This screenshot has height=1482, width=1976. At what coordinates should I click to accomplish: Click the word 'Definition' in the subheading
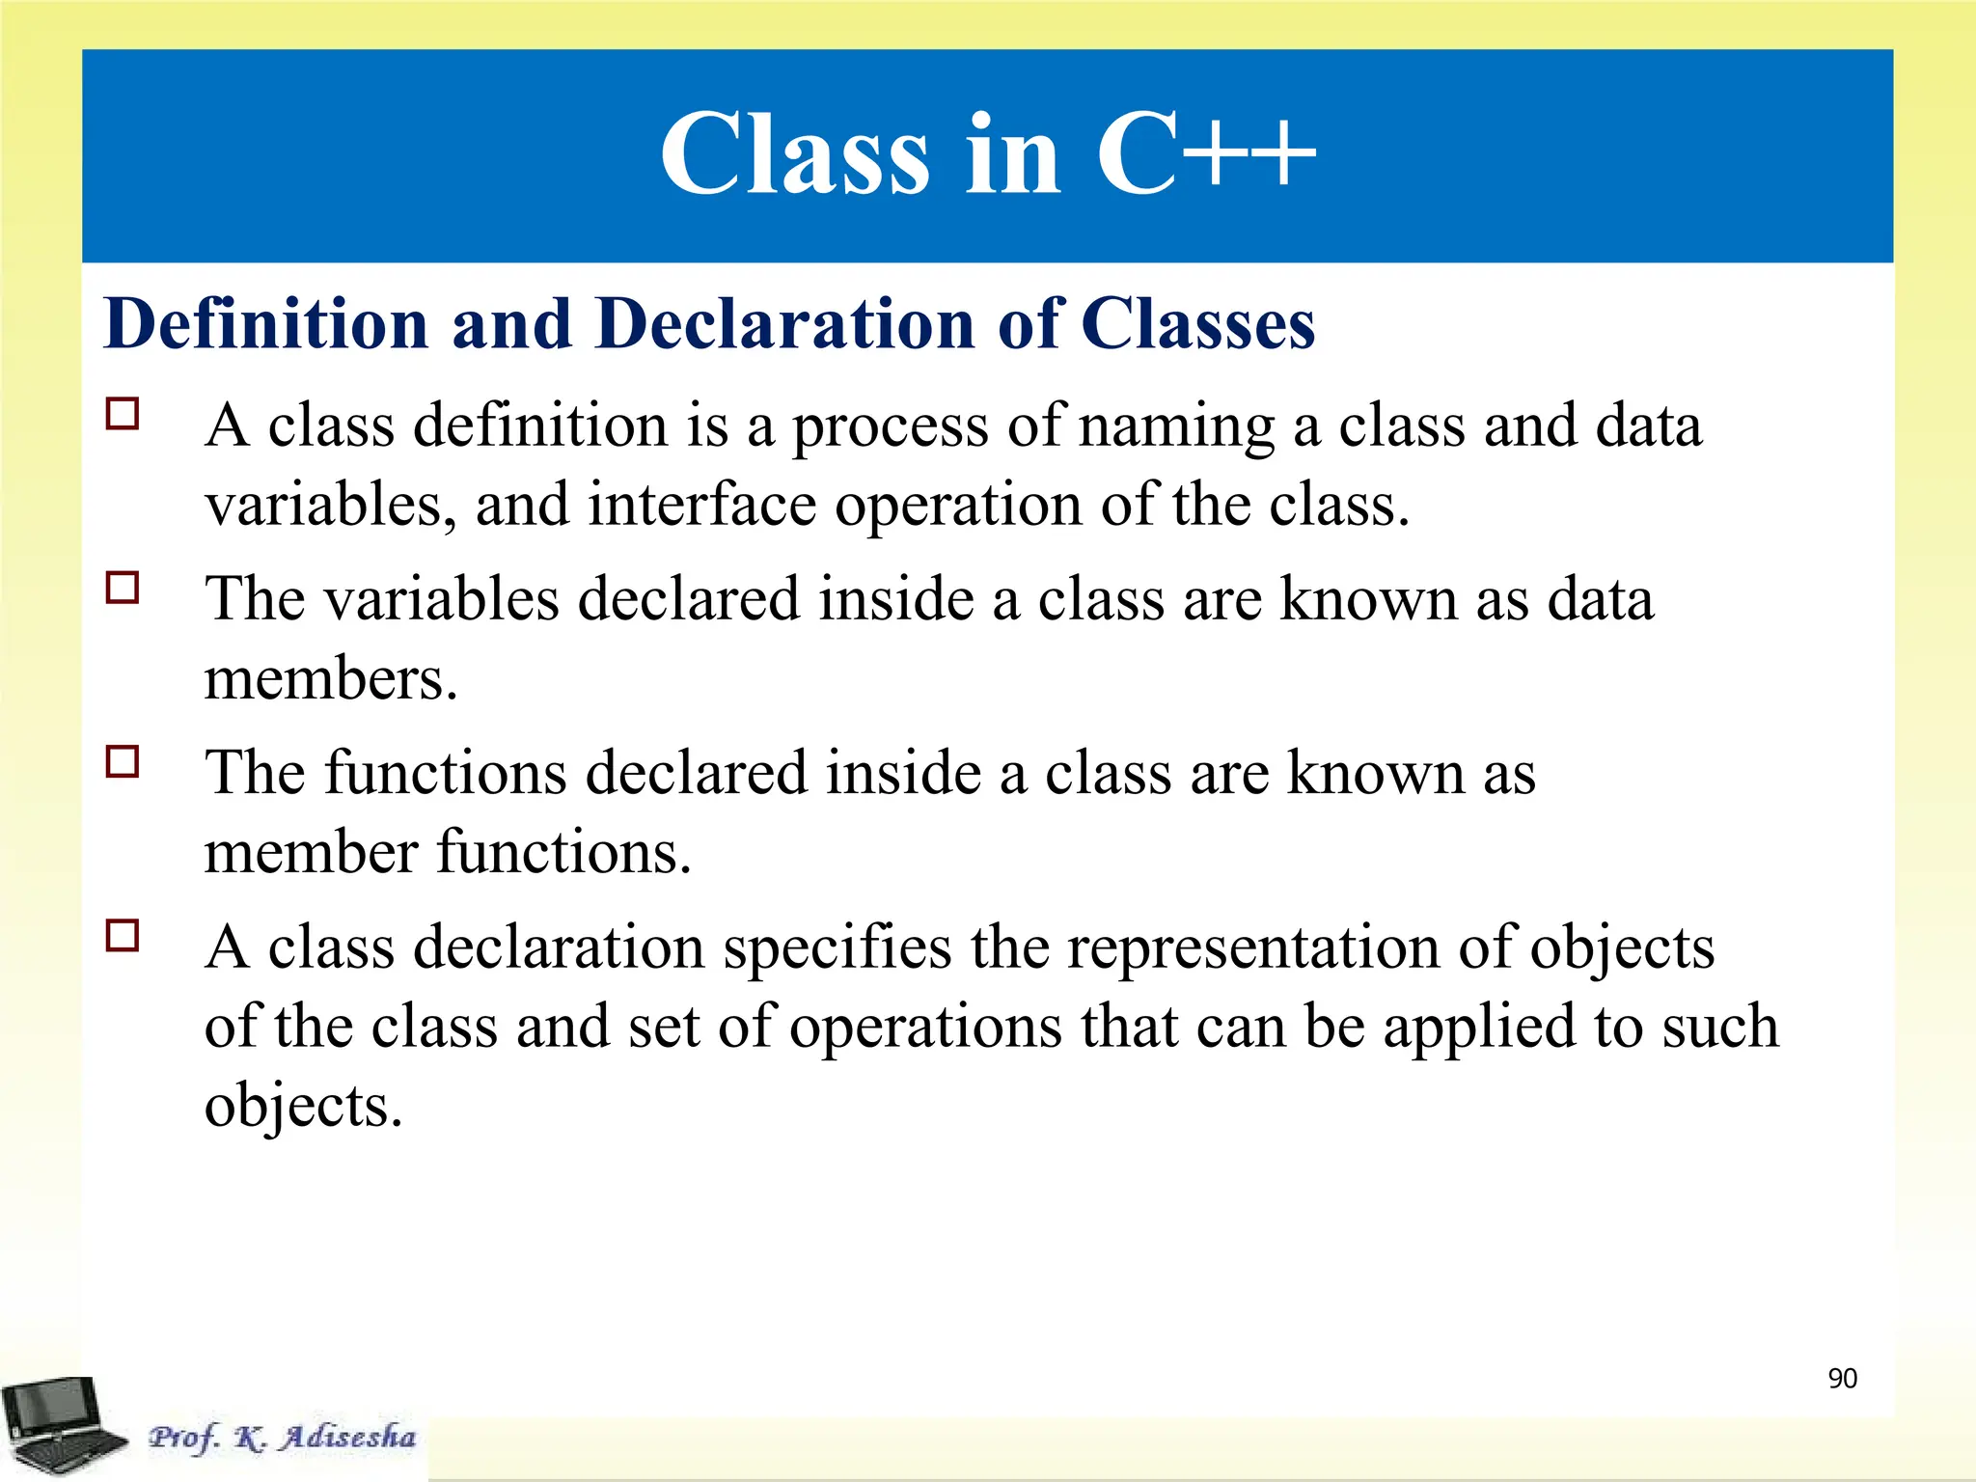coord(265,323)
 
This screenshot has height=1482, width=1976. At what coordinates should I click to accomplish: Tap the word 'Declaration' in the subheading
coord(785,323)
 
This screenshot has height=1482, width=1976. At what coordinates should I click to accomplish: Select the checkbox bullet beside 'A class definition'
coord(123,414)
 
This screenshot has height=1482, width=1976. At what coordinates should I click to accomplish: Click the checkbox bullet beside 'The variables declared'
coord(123,588)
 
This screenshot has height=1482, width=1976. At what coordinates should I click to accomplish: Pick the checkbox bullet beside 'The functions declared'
coord(123,761)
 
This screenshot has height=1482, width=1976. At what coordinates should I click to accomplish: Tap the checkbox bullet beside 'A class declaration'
coord(123,935)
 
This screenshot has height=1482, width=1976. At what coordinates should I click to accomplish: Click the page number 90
coord(1842,1378)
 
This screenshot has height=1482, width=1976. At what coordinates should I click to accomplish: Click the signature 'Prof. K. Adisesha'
coord(282,1437)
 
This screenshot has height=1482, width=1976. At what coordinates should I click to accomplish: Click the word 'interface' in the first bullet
coord(701,505)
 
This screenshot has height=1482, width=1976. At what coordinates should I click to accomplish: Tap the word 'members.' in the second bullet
coord(331,678)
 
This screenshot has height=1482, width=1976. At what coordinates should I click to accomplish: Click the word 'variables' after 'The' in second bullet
coord(441,599)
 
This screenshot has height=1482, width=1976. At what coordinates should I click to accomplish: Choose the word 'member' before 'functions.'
coord(311,852)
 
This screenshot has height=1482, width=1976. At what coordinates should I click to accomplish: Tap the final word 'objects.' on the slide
coord(303,1106)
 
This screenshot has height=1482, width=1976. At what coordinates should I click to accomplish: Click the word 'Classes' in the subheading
coord(1196,323)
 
